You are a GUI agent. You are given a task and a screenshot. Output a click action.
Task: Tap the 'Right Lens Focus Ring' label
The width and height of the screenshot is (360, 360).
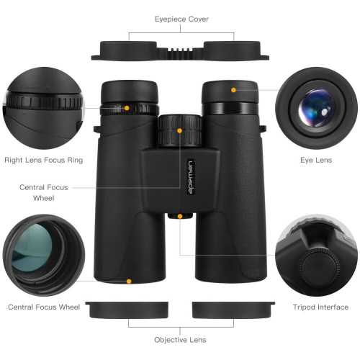pos(43,160)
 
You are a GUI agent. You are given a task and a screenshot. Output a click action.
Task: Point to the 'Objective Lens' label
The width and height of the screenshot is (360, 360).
pos(180,339)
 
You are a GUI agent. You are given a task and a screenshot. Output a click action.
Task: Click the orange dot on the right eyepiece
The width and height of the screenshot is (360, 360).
pos(233,90)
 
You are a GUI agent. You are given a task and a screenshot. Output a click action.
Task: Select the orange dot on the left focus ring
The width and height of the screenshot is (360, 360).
pos(127,109)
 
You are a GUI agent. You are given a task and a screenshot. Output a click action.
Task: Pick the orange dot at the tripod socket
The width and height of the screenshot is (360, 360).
pos(179,215)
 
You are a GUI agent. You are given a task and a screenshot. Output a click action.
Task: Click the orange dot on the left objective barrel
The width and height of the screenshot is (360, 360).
pos(128,282)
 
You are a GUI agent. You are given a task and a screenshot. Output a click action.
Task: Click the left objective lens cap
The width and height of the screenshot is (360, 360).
pos(128,309)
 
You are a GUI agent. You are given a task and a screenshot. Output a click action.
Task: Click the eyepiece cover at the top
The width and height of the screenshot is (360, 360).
pos(179,50)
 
